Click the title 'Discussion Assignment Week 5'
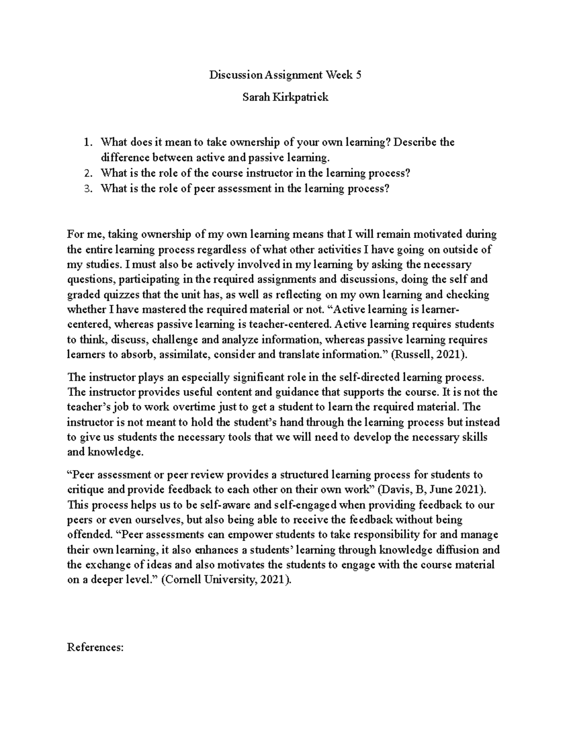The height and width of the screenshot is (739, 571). pos(285,75)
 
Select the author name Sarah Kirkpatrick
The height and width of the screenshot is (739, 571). pos(285,98)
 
